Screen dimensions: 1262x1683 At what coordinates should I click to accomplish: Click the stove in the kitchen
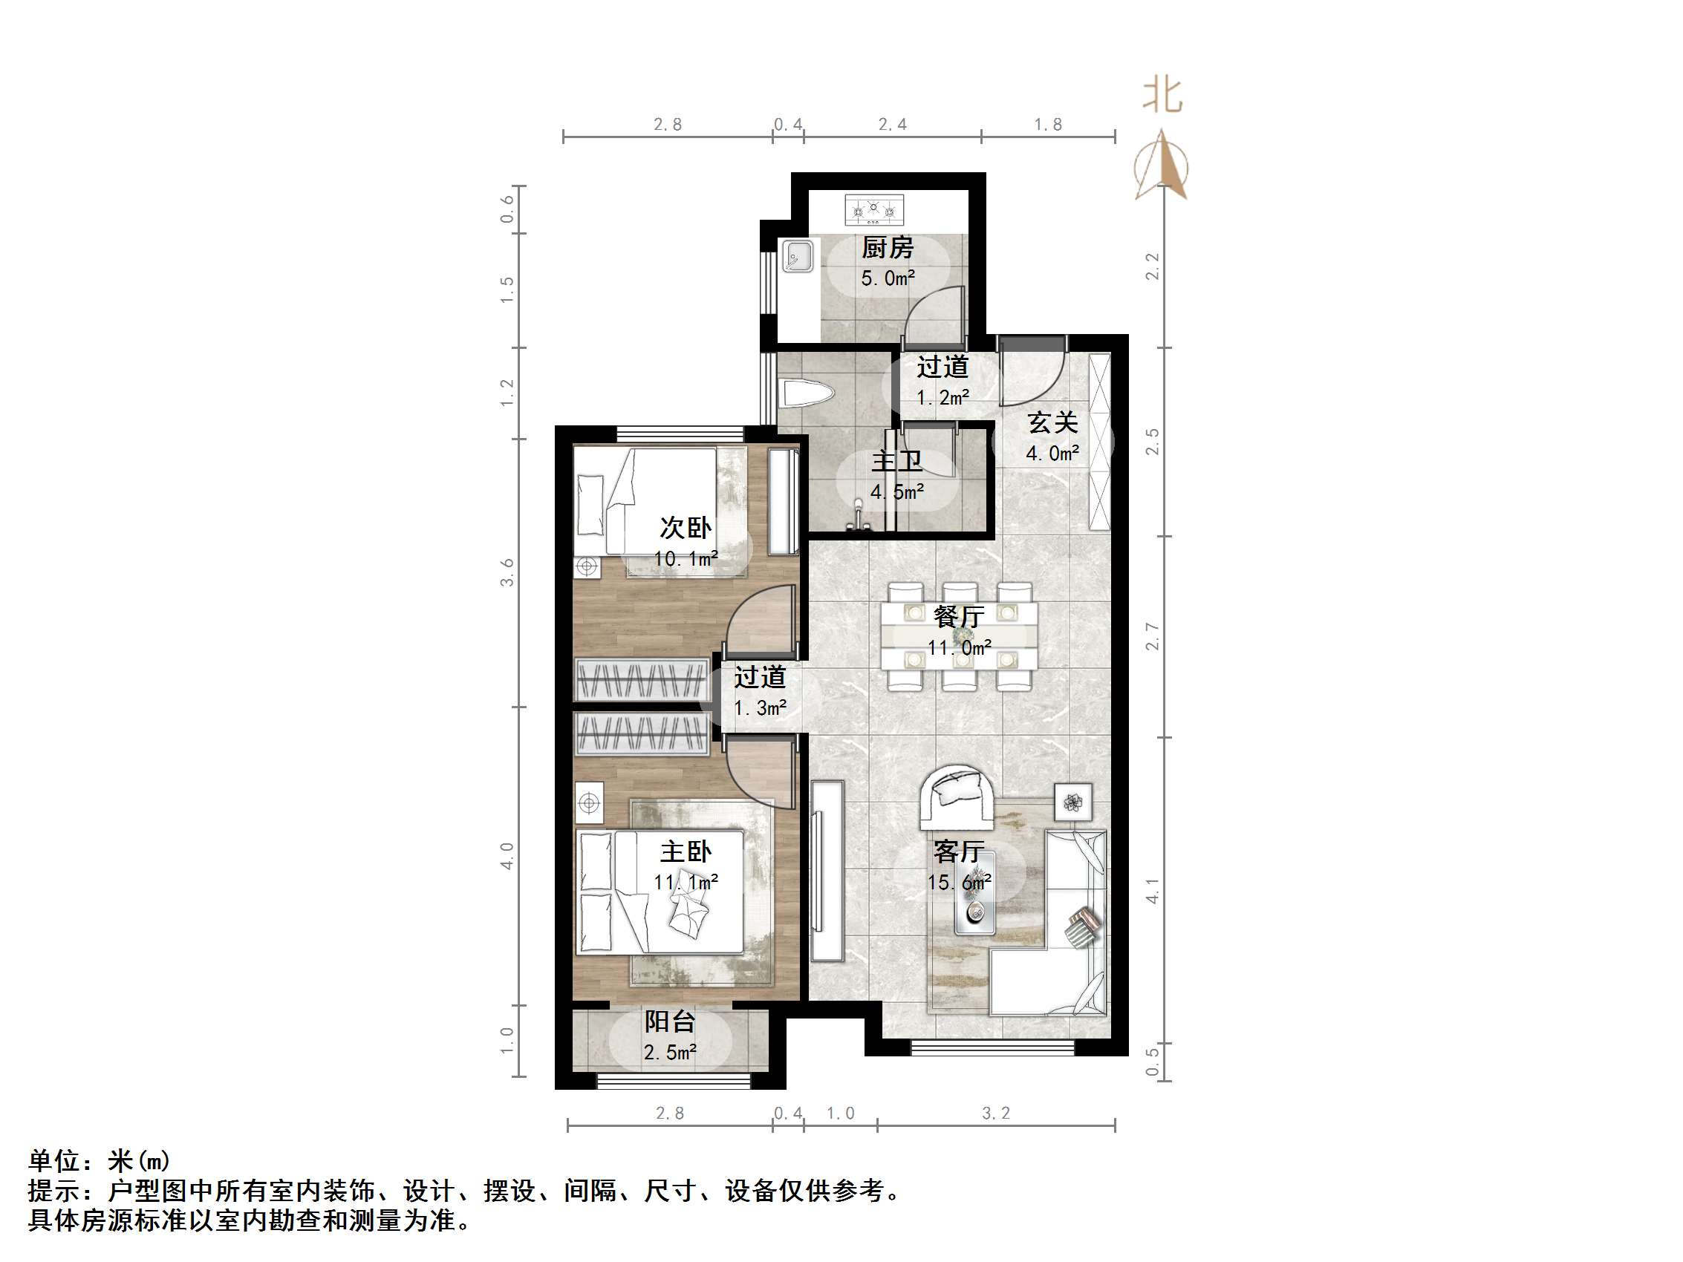pyautogui.click(x=874, y=209)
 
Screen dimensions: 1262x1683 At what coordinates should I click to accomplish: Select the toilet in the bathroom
pyautogui.click(x=807, y=394)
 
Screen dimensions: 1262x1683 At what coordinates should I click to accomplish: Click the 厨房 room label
pyautogui.click(x=887, y=248)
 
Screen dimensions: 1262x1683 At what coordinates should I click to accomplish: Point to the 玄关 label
pyautogui.click(x=1052, y=423)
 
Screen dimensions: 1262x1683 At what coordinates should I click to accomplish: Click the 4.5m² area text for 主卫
pyautogui.click(x=897, y=492)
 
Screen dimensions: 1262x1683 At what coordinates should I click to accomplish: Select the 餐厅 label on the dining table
pyautogui.click(x=959, y=616)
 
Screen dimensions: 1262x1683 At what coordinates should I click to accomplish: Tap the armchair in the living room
pyautogui.click(x=956, y=798)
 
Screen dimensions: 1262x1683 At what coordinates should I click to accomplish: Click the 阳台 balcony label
pyautogui.click(x=669, y=1021)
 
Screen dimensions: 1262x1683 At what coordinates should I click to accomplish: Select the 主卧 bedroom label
pyautogui.click(x=686, y=851)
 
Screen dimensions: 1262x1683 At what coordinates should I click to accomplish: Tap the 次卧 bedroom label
pyautogui.click(x=686, y=527)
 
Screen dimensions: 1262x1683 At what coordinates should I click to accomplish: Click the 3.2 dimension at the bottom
pyautogui.click(x=996, y=1114)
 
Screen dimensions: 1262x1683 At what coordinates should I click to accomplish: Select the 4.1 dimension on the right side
pyautogui.click(x=1153, y=891)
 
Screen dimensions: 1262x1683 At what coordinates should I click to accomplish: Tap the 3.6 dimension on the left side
pyautogui.click(x=507, y=572)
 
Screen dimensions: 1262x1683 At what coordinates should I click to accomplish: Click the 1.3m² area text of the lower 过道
pyautogui.click(x=759, y=708)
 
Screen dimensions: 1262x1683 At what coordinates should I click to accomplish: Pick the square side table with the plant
pyautogui.click(x=1072, y=802)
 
